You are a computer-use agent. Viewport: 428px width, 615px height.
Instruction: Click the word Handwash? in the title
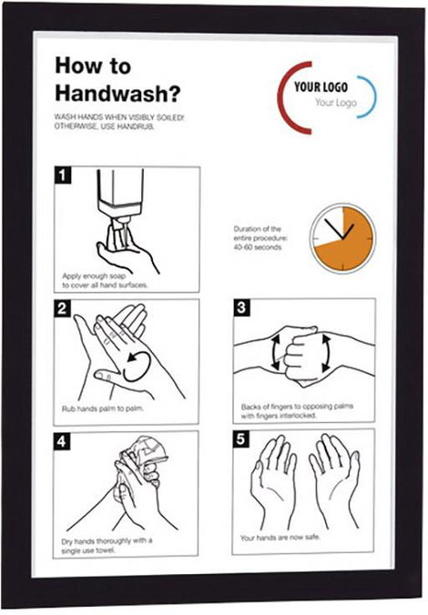(117, 94)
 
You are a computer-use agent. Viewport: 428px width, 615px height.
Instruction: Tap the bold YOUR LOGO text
(321, 86)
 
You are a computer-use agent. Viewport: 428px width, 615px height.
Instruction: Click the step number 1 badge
(63, 176)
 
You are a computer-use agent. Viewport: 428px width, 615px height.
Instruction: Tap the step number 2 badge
(62, 308)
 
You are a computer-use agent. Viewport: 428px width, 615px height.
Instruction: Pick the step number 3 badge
(241, 307)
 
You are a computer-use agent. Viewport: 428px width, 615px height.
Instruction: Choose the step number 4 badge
(62, 441)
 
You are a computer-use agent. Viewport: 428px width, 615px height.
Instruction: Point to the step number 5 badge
(240, 439)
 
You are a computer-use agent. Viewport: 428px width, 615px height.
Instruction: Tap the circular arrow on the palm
(138, 366)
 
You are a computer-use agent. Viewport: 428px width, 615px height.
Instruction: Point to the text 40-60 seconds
(258, 247)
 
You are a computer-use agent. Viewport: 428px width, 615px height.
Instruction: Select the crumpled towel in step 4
(145, 455)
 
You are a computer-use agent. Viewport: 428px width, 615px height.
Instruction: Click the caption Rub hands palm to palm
(103, 408)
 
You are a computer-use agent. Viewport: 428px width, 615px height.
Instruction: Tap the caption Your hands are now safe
(280, 538)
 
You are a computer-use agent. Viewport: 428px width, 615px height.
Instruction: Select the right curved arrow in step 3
(325, 353)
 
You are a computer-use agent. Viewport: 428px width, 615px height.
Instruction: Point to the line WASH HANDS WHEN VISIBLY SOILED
(119, 117)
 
